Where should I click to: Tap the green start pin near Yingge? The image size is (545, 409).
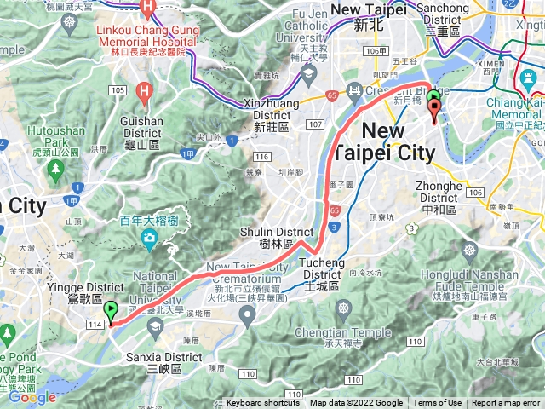pyautogui.click(x=111, y=311)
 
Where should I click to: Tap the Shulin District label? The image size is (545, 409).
pyautogui.click(x=288, y=236)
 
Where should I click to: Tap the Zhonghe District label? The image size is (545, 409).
pyautogui.click(x=439, y=193)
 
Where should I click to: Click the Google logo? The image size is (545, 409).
pyautogui.click(x=33, y=397)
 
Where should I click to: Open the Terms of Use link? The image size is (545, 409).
pyautogui.click(x=438, y=403)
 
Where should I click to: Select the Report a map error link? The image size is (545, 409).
pyautogui.click(x=506, y=403)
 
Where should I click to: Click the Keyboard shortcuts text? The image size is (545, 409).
pyautogui.click(x=262, y=403)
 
